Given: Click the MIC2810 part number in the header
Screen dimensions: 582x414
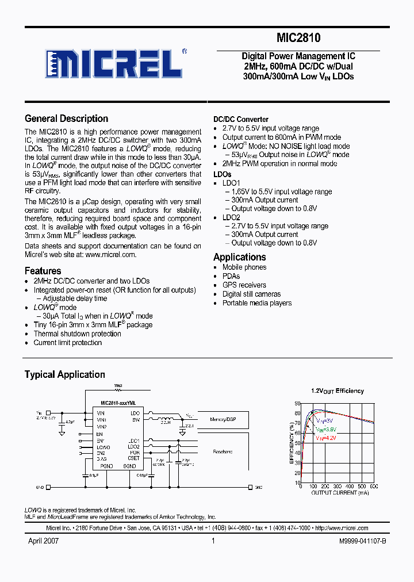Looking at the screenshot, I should click(298, 39).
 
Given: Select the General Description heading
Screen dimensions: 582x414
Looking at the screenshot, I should click(66, 118).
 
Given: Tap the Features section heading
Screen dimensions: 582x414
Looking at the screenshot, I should click(43, 271).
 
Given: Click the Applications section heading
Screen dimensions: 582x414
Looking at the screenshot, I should click(239, 257).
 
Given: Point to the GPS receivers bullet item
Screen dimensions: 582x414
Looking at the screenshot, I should click(244, 285).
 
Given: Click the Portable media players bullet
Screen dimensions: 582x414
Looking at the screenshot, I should click(256, 303).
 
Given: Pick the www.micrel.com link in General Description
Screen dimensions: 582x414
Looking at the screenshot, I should click(110, 255).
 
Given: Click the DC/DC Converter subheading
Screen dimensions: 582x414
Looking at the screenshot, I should click(241, 120).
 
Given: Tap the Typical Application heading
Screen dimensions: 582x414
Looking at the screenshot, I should click(64, 374).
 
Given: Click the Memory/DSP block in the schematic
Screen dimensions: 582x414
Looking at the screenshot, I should click(223, 420).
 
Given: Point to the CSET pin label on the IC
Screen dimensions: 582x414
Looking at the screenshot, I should click(133, 458).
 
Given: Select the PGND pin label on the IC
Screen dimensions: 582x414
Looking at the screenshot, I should click(106, 466).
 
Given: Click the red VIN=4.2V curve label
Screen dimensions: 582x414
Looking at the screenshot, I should click(325, 438).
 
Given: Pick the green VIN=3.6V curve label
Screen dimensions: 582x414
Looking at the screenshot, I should click(325, 430).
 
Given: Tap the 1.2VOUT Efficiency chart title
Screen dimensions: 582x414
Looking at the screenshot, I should click(337, 391).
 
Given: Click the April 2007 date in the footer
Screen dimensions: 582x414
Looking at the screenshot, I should click(44, 541).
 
